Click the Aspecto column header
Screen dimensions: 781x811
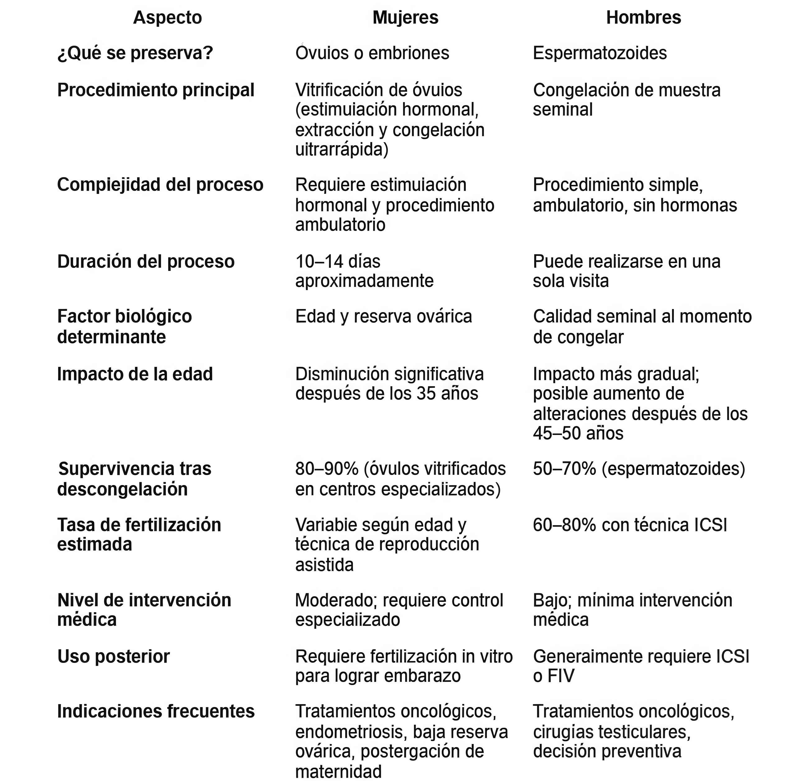pos(167,18)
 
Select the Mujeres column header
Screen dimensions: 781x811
pos(405,18)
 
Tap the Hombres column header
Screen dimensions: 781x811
pos(643,18)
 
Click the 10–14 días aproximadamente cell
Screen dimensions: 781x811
pos(364,271)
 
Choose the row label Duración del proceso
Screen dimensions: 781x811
pos(146,262)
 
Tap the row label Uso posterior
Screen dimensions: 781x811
pos(114,657)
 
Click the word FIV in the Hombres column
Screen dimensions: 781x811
pos(561,676)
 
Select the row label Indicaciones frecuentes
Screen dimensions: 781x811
pos(155,711)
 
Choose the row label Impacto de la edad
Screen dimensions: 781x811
pos(135,374)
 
